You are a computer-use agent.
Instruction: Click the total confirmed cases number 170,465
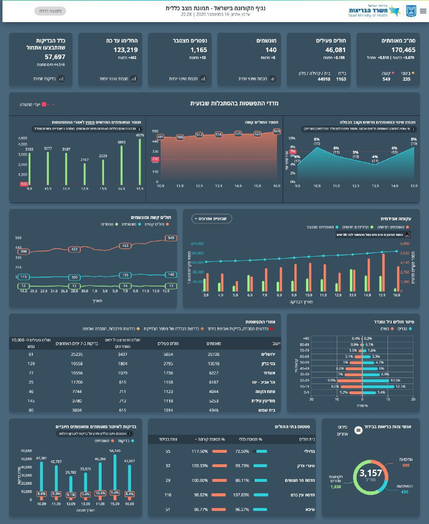[398, 50]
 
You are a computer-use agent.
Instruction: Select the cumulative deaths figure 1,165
[199, 50]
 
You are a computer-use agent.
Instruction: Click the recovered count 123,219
[125, 50]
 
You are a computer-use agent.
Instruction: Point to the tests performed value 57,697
[55, 57]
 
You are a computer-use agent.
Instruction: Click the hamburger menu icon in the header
[423, 11]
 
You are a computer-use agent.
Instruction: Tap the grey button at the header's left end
[50, 11]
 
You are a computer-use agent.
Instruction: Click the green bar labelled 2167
[85, 174]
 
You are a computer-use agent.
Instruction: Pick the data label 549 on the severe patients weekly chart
[277, 131]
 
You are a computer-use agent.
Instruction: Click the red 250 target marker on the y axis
[155, 159]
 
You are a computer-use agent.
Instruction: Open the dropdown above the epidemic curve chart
[211, 219]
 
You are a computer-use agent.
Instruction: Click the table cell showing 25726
[214, 354]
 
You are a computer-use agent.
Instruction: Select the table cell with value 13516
[214, 364]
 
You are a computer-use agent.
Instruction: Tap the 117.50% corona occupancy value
[200, 451]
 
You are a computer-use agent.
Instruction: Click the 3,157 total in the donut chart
[370, 474]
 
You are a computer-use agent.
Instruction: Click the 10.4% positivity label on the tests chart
[100, 493]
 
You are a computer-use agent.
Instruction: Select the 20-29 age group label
[304, 380]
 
